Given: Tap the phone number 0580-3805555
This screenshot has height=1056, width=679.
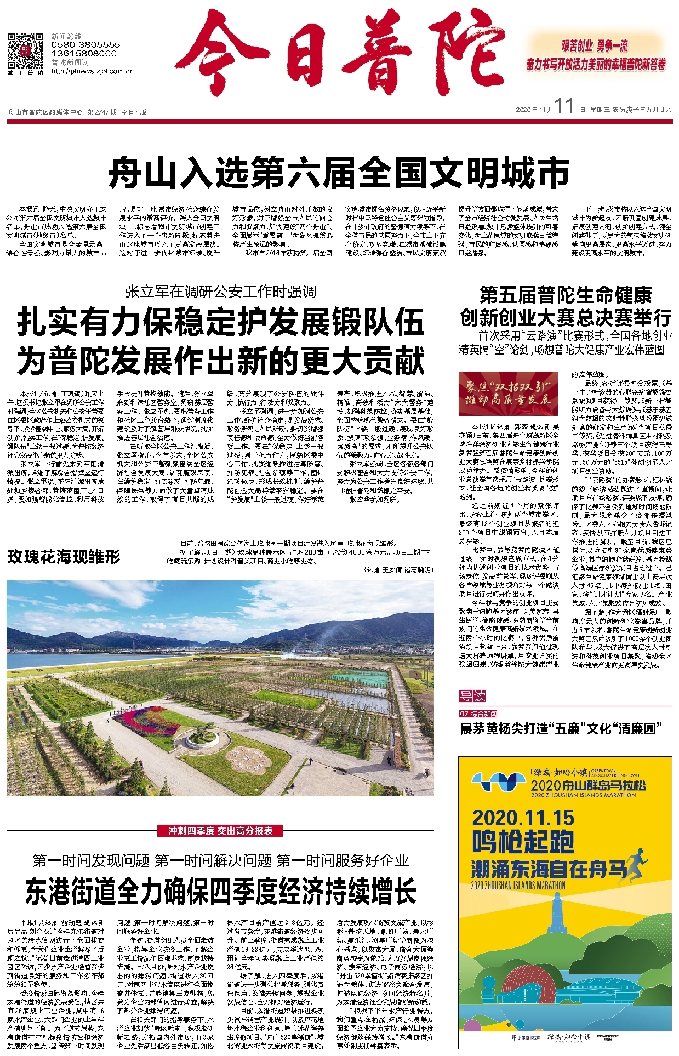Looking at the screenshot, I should coord(85,44).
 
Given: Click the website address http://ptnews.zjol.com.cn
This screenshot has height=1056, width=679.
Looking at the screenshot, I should coord(93,71).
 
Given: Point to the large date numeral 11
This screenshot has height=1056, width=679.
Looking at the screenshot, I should coord(564,106).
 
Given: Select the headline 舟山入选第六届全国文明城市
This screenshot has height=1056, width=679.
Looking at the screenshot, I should coord(339,173).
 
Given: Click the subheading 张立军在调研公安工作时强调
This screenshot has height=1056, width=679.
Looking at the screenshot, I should coord(220,292).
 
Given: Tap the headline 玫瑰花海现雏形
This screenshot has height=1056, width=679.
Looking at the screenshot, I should coord(64,557).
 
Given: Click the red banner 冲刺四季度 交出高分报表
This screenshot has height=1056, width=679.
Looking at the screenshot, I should coord(220,831).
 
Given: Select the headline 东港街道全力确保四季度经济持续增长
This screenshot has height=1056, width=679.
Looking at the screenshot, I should coord(220,891).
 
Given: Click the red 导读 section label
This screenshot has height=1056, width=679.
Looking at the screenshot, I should coord(472,696).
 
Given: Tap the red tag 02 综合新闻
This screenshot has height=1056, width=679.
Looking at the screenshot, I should coord(478,713).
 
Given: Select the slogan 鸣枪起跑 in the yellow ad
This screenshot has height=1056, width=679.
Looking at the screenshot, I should coord(523,842).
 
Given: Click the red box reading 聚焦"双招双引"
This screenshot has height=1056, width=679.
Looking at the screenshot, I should coord(508,393).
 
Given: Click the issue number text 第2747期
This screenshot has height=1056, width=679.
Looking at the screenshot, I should coord(102,112).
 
